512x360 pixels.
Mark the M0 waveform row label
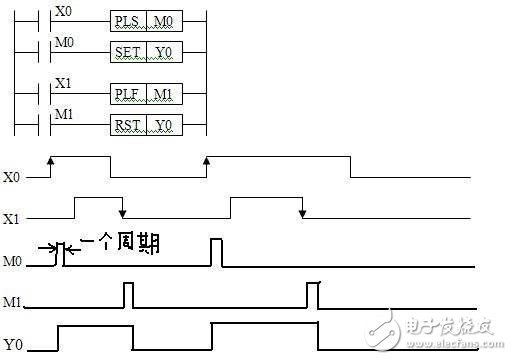click(x=13, y=261)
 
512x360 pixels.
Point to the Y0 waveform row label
click(x=13, y=345)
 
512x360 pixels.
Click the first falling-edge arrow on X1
click(x=122, y=214)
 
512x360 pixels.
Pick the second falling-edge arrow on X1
click(x=302, y=214)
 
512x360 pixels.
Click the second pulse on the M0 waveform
click(x=216, y=252)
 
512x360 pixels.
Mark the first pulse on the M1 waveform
click(x=128, y=296)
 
